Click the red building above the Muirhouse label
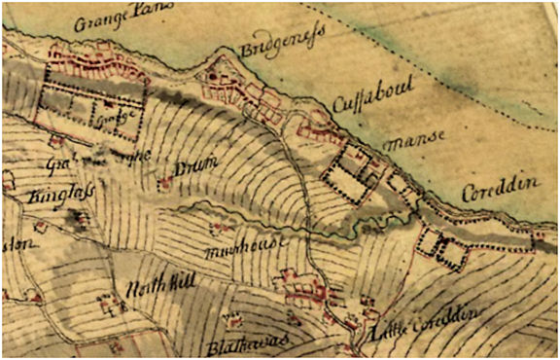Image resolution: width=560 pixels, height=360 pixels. click(215, 229)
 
